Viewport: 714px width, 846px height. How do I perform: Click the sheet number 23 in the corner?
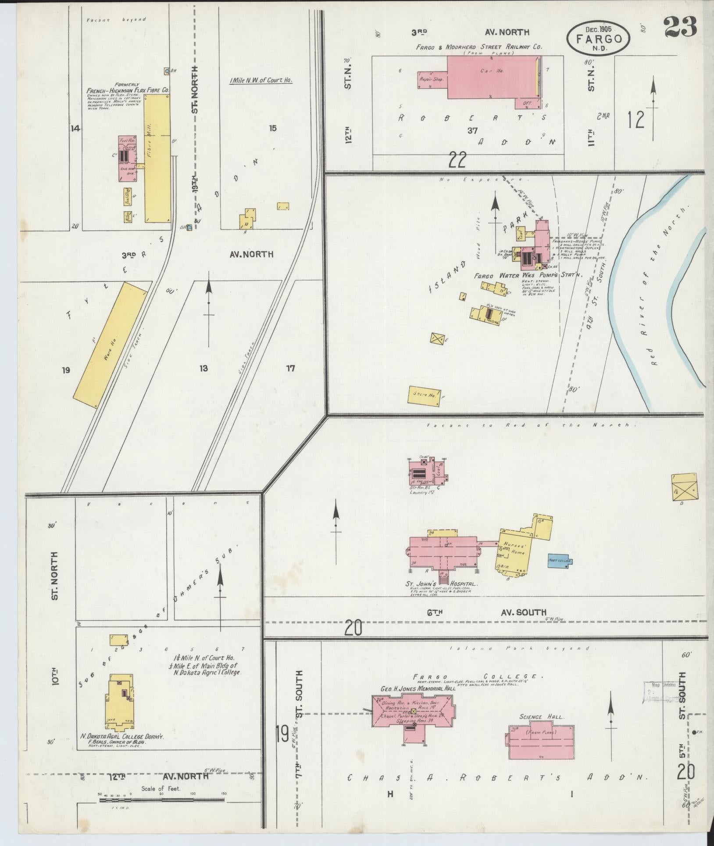[680, 28]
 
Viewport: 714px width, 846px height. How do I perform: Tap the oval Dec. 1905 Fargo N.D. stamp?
[598, 39]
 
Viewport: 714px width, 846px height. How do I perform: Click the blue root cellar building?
[559, 561]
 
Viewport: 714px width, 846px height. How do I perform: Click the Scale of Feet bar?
[162, 800]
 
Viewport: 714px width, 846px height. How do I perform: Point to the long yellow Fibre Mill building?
[157, 158]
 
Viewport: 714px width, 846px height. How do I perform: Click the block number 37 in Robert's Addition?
[472, 130]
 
